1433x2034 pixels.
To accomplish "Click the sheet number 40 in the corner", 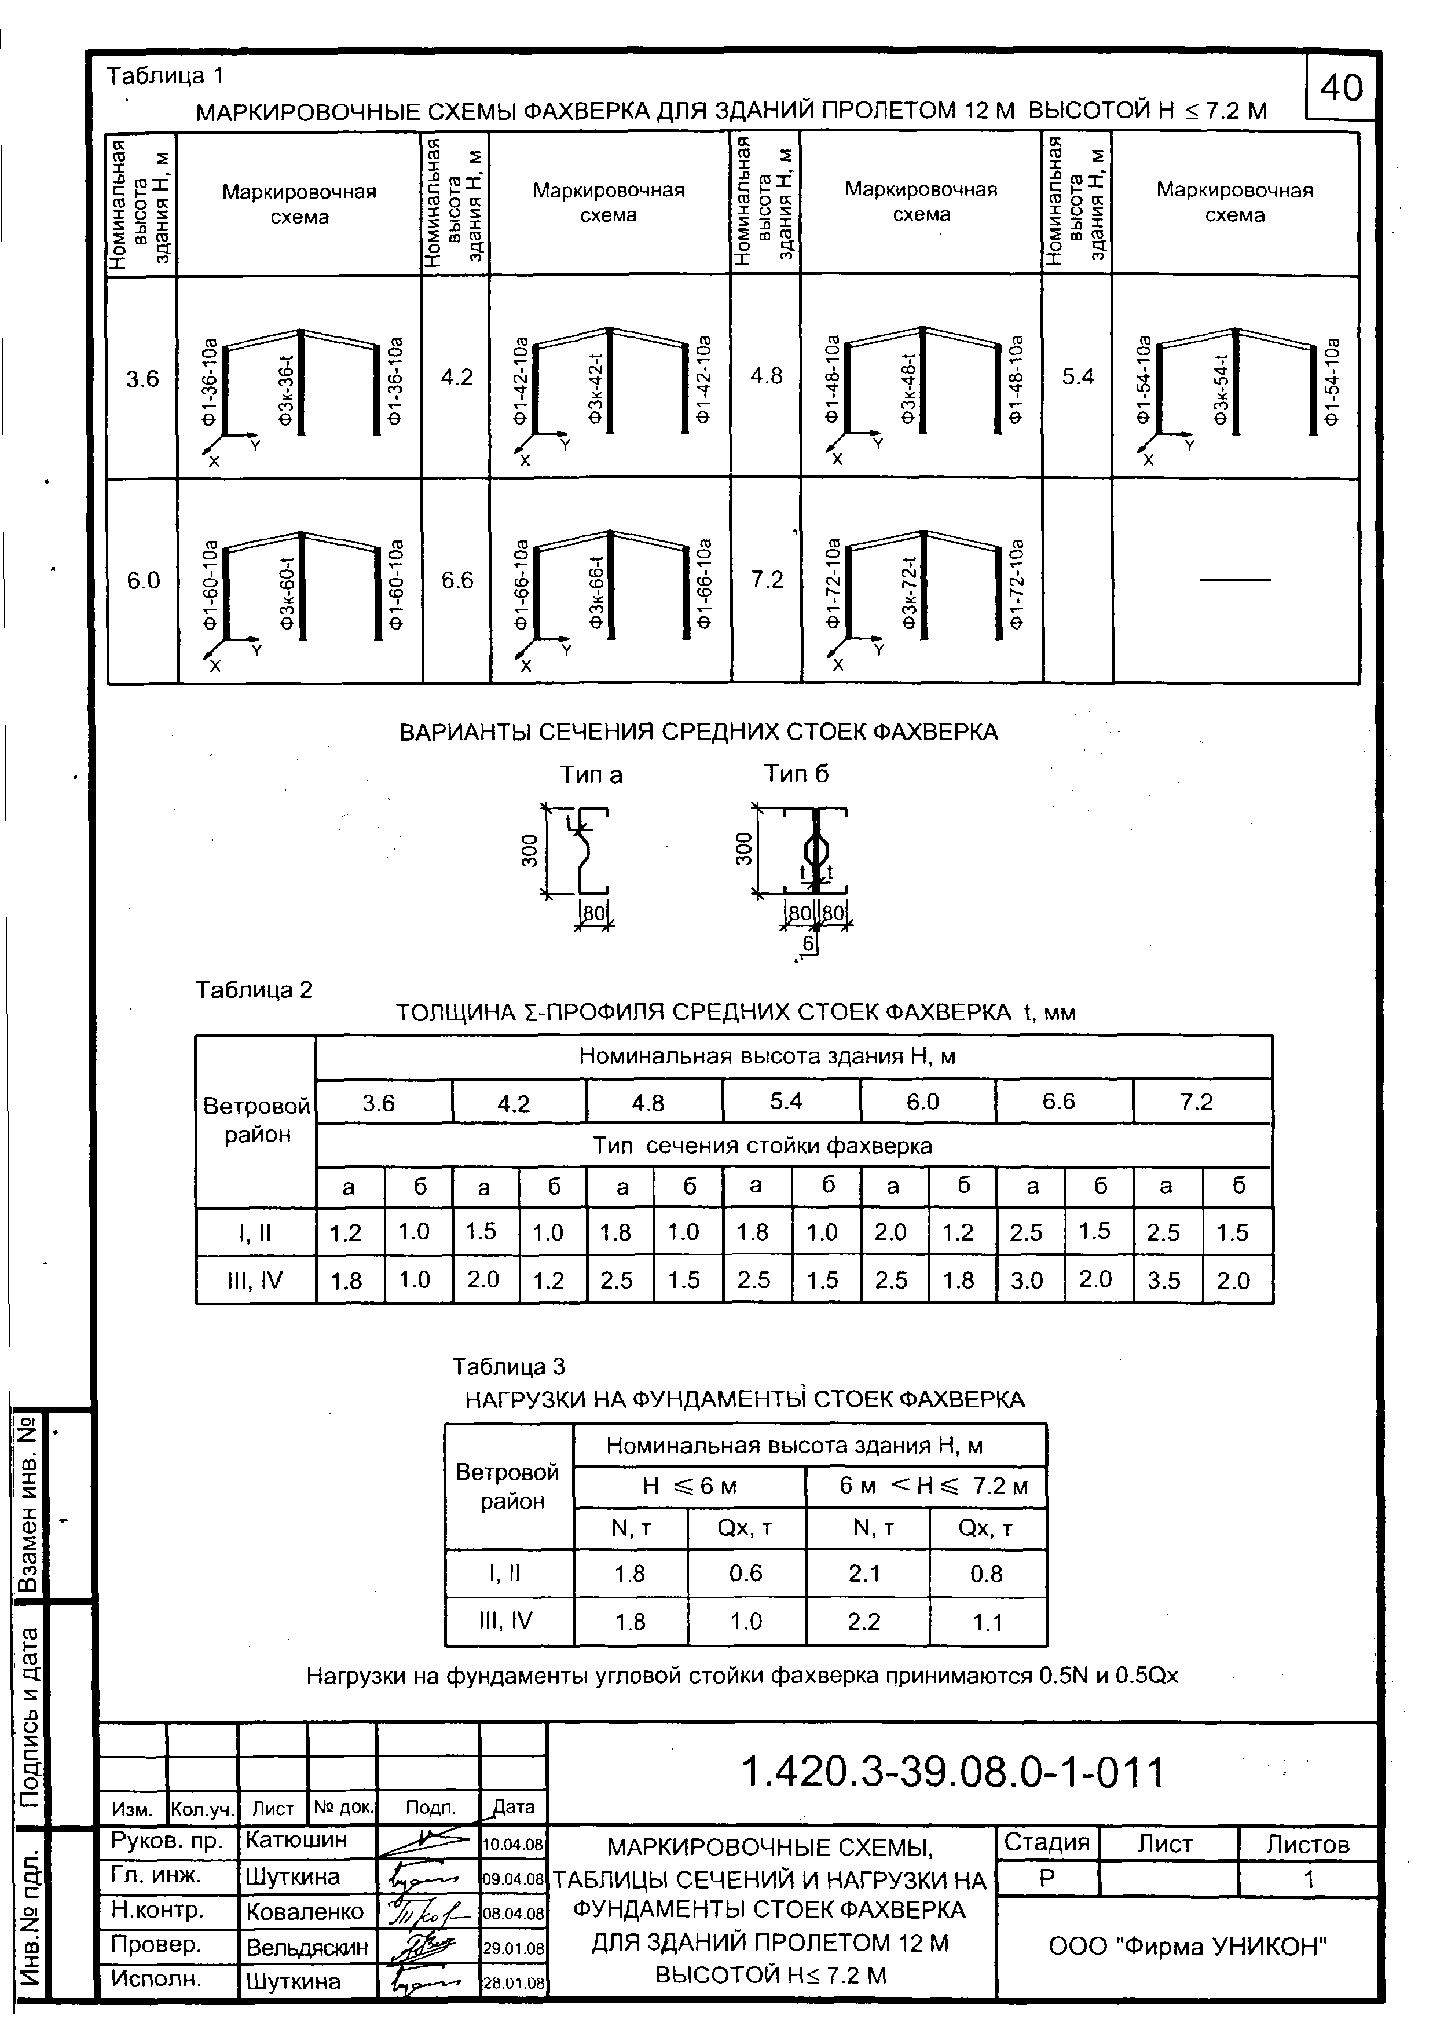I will click(x=1342, y=87).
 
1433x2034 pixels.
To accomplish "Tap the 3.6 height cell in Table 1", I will click(x=142, y=379).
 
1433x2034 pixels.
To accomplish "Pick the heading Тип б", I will click(x=797, y=774).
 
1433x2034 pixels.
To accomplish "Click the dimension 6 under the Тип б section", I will click(x=809, y=945).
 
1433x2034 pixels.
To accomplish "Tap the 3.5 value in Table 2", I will click(x=1164, y=1281).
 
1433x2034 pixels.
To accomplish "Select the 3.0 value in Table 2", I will click(x=1027, y=1281).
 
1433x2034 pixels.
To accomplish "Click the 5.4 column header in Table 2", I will click(x=786, y=1101).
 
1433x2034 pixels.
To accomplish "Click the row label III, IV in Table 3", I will click(x=505, y=1621).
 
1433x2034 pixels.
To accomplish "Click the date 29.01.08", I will click(x=513, y=1949).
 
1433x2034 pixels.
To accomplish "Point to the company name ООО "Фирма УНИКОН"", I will click(x=1189, y=1947).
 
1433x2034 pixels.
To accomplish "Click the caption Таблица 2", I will click(x=254, y=990).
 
